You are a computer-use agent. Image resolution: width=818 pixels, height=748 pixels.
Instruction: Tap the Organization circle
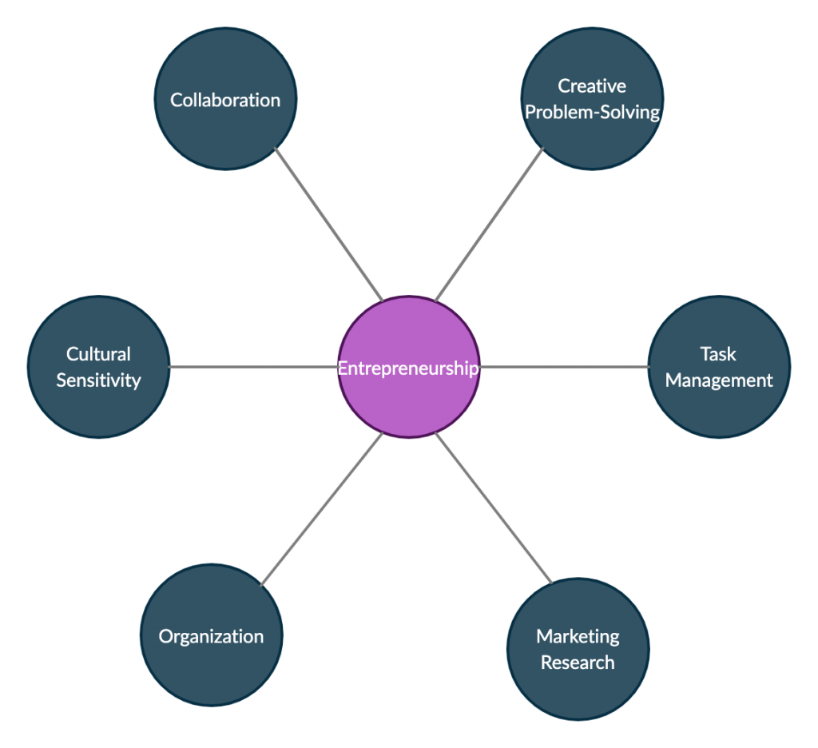(x=211, y=671)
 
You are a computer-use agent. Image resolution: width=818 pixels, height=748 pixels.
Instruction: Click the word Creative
(x=591, y=86)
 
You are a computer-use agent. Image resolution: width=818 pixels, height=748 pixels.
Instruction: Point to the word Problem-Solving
(x=592, y=112)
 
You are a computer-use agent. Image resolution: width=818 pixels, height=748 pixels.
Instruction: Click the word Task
(x=717, y=353)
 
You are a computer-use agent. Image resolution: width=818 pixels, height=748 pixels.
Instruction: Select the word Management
(x=719, y=380)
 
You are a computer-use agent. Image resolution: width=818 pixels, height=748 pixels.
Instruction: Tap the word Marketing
(x=578, y=636)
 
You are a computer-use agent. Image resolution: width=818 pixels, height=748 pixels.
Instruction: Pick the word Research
(x=578, y=662)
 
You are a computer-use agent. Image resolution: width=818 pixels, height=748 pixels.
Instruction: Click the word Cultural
(x=98, y=353)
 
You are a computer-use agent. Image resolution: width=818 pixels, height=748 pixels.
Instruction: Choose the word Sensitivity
(x=98, y=380)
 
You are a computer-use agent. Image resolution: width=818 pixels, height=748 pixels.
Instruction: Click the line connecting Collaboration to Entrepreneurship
(x=329, y=225)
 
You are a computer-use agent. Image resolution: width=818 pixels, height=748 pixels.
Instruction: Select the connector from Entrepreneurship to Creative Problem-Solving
(x=489, y=225)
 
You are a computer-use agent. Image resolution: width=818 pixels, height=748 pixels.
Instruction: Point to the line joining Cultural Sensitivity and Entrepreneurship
(x=253, y=367)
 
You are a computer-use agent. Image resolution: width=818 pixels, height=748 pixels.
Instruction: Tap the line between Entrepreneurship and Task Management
(x=564, y=367)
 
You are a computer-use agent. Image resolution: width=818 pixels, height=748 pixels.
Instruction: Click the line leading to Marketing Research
(x=494, y=508)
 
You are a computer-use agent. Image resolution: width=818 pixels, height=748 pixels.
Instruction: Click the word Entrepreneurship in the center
(x=408, y=368)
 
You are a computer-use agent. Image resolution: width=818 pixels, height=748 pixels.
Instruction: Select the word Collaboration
(x=225, y=100)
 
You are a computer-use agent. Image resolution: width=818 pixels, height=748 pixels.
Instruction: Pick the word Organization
(x=211, y=636)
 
